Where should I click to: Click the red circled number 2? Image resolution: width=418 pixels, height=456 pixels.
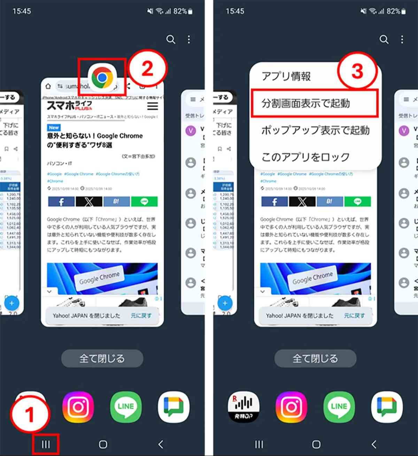(x=148, y=68)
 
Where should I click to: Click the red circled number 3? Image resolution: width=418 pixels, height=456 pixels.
(x=357, y=71)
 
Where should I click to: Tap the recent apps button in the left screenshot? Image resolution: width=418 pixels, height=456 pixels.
(x=46, y=444)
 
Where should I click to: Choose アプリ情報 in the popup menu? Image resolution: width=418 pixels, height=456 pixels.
(x=286, y=76)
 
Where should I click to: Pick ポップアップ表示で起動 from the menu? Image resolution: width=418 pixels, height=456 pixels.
(x=315, y=130)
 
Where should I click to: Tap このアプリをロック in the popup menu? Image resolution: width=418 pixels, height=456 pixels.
(x=305, y=157)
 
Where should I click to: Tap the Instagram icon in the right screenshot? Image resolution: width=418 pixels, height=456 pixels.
(x=291, y=407)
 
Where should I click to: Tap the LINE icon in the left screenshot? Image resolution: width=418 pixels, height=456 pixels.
(x=126, y=407)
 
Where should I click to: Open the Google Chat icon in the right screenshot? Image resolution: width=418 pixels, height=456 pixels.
(x=387, y=407)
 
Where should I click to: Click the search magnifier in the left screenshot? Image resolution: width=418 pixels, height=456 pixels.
(x=171, y=39)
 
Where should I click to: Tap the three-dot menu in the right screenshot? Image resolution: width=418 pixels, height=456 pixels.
(x=402, y=39)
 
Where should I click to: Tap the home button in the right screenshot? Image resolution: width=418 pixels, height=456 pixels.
(x=316, y=444)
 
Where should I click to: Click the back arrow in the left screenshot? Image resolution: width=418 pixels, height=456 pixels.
(x=161, y=444)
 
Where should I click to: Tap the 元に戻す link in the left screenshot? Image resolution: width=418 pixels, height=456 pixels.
(x=141, y=316)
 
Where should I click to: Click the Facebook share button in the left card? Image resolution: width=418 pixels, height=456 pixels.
(x=61, y=202)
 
